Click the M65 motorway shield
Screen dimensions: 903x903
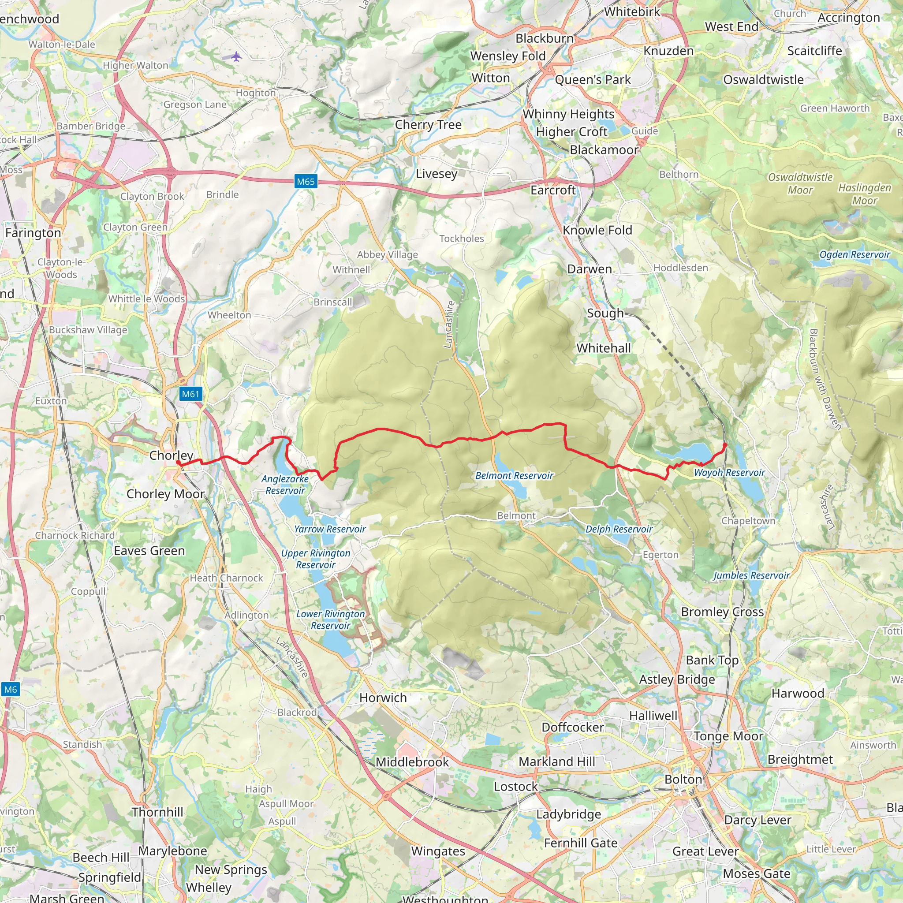(x=306, y=182)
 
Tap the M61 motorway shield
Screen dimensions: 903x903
(x=190, y=394)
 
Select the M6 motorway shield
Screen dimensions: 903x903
(x=10, y=690)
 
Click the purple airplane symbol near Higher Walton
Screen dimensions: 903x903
(x=236, y=56)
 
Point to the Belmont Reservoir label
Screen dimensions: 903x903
(x=514, y=475)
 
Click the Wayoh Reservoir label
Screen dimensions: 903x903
(x=729, y=473)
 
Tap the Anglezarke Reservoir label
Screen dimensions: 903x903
(x=285, y=485)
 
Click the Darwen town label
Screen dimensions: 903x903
(x=590, y=269)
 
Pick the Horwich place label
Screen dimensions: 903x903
(x=383, y=698)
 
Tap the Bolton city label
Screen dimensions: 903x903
(x=683, y=780)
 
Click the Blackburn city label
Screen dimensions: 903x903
(x=545, y=38)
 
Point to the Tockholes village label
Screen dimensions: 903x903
(x=461, y=239)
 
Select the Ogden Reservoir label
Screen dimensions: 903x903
(x=854, y=254)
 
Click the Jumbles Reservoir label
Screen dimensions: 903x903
(x=751, y=575)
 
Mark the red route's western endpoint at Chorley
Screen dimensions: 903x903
(x=178, y=462)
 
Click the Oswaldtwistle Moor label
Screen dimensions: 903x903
(x=800, y=183)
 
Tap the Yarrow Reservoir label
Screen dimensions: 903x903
(x=330, y=529)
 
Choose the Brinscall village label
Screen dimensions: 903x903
(x=333, y=302)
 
